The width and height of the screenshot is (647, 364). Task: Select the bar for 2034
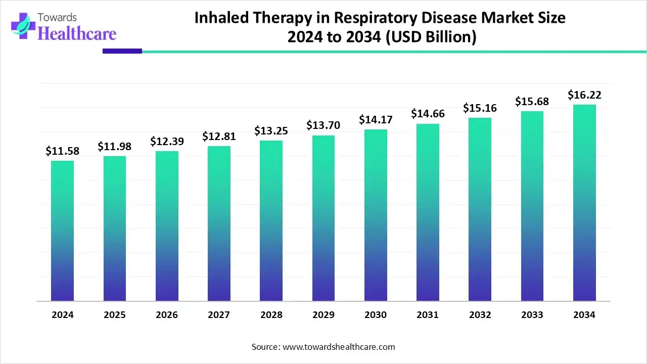(584, 203)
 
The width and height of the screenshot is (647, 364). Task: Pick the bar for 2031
(428, 212)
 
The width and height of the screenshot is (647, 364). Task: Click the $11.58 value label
(63, 151)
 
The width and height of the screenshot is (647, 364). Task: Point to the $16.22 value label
(584, 95)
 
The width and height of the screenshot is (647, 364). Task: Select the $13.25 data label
(271, 130)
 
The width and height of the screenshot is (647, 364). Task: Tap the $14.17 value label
(376, 119)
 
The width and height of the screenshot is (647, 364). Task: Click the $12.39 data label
(167, 141)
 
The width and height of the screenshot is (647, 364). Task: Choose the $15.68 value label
(532, 101)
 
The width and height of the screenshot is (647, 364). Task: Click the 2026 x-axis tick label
(167, 315)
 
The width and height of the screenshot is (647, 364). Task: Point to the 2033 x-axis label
(532, 315)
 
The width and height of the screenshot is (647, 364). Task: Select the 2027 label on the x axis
(219, 315)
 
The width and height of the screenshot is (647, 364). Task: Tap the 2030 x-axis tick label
(376, 315)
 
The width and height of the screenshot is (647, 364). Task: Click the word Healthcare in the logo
(77, 33)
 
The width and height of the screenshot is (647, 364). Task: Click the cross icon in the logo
(24, 26)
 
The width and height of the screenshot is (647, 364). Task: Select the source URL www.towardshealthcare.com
(338, 347)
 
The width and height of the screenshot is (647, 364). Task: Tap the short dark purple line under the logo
(122, 51)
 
